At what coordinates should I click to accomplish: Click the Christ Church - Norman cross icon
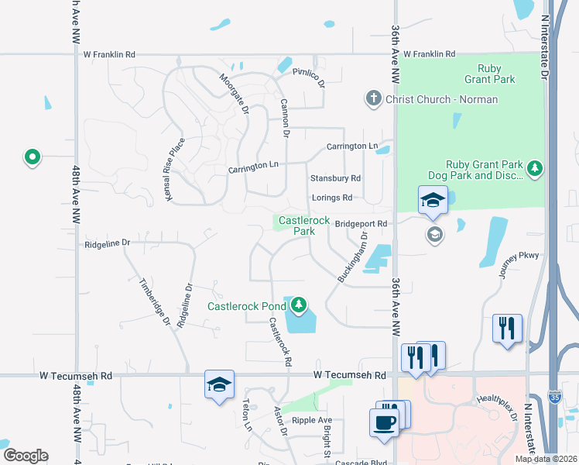point(373,98)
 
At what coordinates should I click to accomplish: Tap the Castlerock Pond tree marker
point(297,305)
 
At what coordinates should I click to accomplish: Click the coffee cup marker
point(385,422)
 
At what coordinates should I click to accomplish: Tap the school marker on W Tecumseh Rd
point(219,384)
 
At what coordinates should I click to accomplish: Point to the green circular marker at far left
point(32,157)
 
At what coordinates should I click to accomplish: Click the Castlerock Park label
point(297,226)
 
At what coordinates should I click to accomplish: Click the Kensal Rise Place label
point(176,170)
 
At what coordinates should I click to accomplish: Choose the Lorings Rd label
point(332,198)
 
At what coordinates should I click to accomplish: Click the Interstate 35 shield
point(570,400)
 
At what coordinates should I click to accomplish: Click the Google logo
point(25,456)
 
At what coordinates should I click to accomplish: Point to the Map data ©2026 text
point(546,459)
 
